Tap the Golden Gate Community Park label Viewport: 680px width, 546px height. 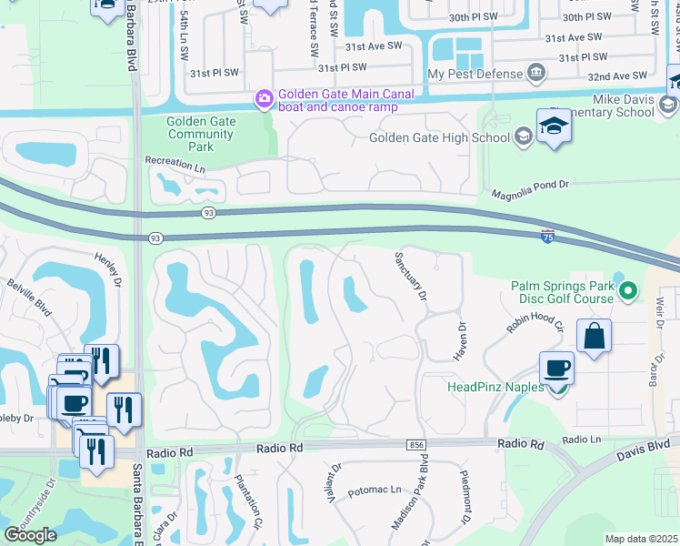pos(201,134)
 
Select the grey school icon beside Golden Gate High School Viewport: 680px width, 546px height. pos(523,137)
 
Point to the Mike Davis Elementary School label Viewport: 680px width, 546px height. pos(623,106)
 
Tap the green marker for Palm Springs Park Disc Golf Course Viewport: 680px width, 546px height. pos(626,291)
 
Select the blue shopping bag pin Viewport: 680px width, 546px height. pos(594,336)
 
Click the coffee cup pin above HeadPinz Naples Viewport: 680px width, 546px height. pos(556,369)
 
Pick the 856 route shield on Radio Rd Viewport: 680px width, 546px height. pos(416,443)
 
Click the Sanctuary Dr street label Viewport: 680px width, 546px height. pos(409,278)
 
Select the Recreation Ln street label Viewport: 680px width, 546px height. pos(175,160)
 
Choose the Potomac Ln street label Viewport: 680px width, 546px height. pos(374,490)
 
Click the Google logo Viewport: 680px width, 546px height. pos(31,535)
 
